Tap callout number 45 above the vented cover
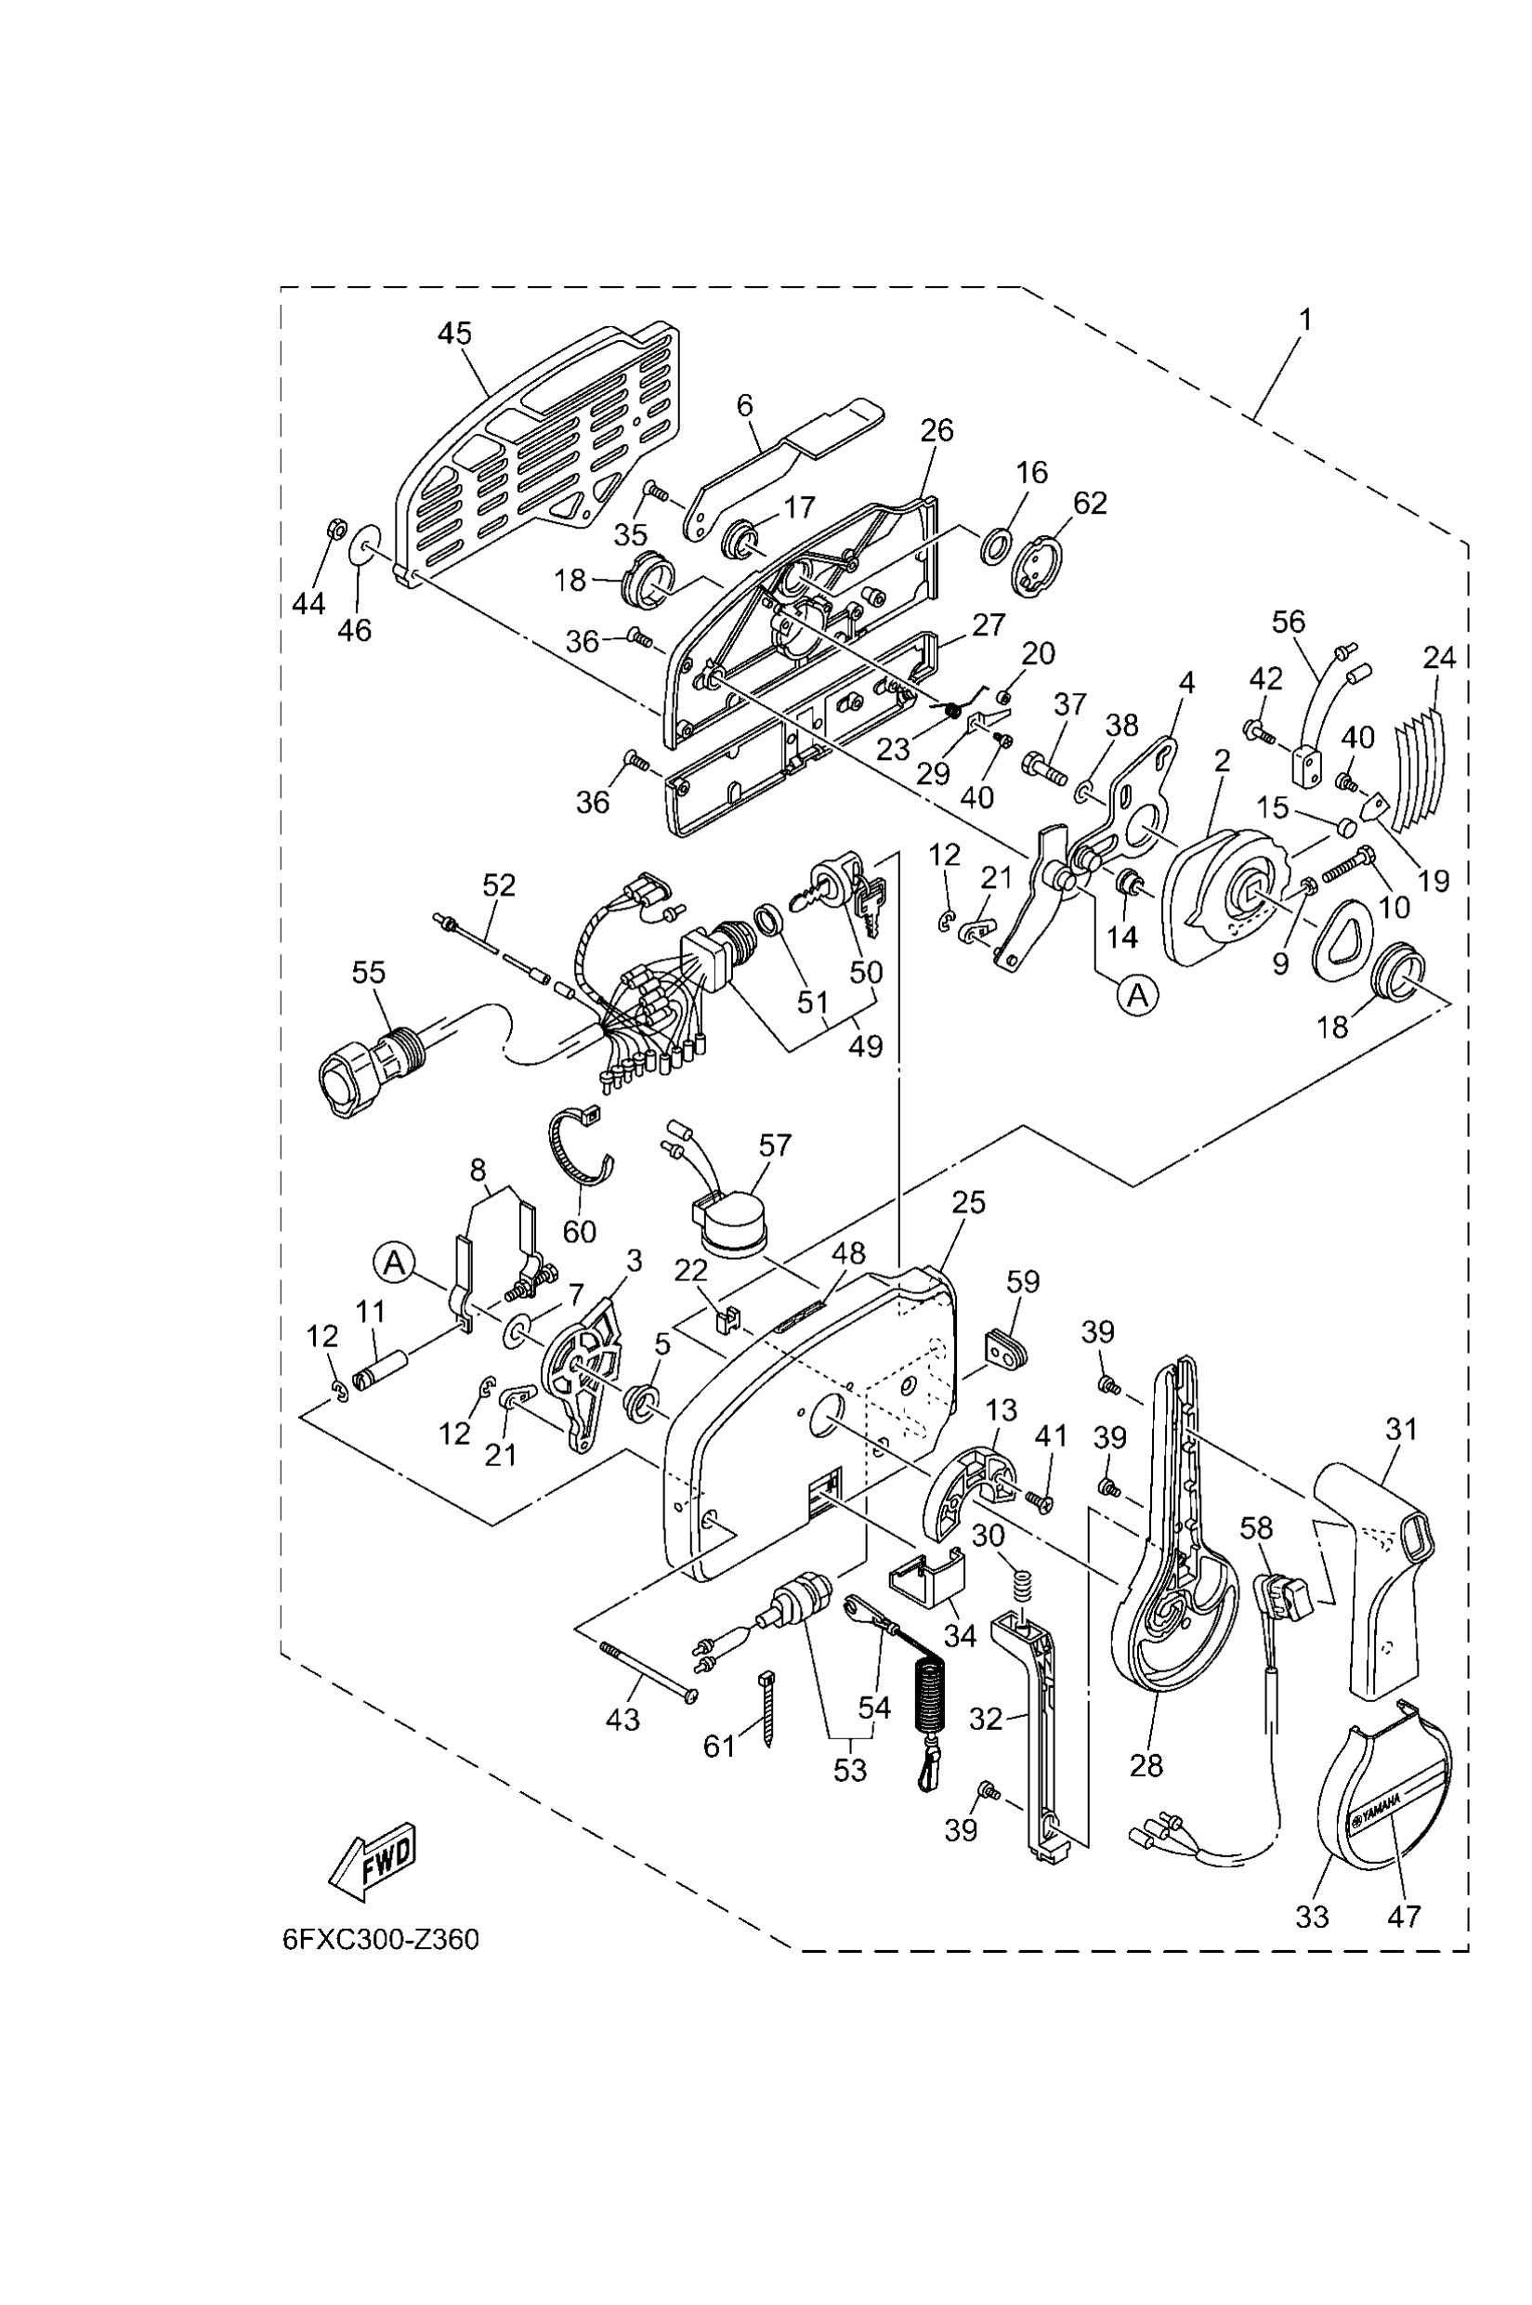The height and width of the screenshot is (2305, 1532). point(454,334)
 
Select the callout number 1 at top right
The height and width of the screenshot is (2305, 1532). point(1305,320)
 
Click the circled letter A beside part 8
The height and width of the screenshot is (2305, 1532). point(394,1263)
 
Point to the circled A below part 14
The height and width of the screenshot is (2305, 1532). point(1137,996)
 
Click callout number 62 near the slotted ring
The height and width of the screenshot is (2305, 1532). point(1091,503)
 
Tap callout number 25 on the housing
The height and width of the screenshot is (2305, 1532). point(968,1203)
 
